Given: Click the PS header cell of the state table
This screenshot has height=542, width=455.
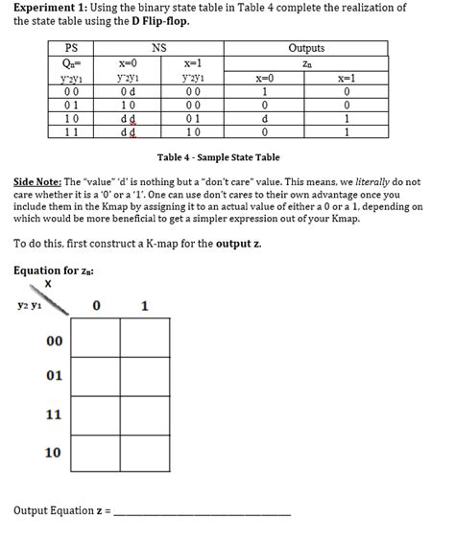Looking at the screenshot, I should [71, 48].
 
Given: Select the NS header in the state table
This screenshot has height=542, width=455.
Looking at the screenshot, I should [159, 48].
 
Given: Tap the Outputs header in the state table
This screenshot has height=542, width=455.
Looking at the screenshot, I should [306, 48].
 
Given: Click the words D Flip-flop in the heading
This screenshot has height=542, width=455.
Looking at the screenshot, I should [158, 21].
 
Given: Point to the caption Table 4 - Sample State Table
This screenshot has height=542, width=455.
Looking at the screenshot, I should [218, 157].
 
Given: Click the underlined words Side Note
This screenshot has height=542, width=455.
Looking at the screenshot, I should [37, 182].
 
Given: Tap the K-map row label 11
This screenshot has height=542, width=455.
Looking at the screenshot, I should [55, 415].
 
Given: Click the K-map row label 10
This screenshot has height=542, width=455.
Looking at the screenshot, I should [55, 452].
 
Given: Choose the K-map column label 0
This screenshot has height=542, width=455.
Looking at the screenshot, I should [96, 307].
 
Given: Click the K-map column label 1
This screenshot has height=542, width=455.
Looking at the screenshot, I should [144, 307].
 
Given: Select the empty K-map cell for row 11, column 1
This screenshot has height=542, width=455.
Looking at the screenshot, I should [145, 415].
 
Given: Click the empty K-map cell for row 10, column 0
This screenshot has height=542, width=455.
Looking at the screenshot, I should [95, 452].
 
